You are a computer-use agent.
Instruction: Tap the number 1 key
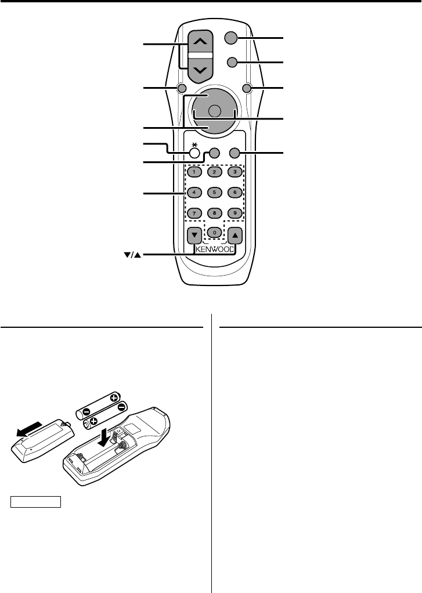[194, 172]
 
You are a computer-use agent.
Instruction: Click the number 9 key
[234, 212]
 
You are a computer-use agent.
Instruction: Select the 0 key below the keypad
[214, 232]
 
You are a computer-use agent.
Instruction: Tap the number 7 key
[194, 212]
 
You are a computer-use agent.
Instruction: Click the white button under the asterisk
[194, 153]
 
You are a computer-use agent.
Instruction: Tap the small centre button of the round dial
[214, 111]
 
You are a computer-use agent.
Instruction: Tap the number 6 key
[234, 192]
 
